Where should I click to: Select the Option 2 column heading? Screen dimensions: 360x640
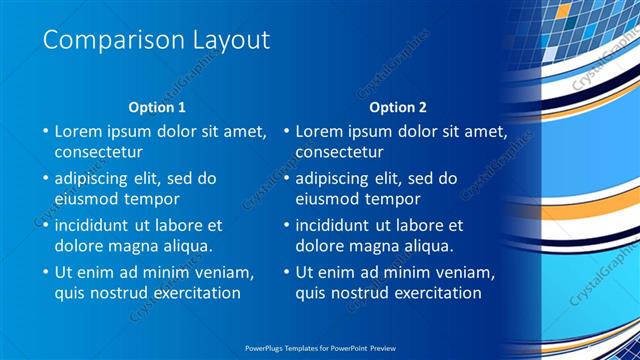(398, 107)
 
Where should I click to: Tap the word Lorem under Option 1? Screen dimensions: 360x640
(79, 131)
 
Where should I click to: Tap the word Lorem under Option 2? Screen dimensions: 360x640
(320, 131)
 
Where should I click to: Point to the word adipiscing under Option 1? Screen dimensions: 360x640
(98, 178)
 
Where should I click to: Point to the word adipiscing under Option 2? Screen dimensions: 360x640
(339, 178)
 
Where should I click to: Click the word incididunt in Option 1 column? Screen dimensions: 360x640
(100, 225)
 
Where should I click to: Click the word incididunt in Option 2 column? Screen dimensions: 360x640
(341, 225)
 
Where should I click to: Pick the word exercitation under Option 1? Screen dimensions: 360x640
(192, 293)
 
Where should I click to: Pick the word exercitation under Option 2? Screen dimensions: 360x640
(433, 293)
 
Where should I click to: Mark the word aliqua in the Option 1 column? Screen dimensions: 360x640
(187, 246)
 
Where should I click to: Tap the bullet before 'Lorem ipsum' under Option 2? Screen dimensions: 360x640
(285, 131)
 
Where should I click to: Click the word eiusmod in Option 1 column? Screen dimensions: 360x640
(87, 199)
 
